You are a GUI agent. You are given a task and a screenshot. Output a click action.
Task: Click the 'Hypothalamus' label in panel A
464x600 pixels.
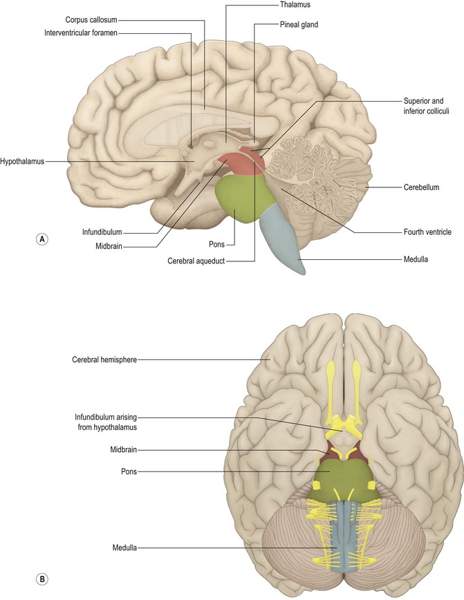point(22,161)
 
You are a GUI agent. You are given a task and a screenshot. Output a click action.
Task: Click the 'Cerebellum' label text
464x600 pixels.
point(423,187)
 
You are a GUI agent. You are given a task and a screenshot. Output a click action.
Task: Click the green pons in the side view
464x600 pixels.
point(239,200)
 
